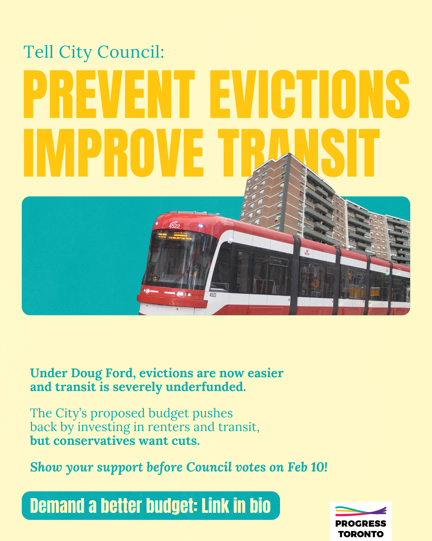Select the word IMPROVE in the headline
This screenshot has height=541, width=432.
click(114, 153)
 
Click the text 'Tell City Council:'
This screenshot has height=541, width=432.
click(94, 52)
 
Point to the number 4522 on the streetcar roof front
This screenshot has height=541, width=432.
click(174, 226)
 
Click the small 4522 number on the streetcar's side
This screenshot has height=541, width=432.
click(213, 295)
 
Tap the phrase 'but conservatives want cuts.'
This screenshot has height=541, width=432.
click(115, 441)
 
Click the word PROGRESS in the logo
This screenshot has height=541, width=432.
click(361, 524)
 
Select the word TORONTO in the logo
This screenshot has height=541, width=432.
click(361, 534)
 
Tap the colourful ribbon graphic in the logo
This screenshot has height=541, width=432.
click(361, 511)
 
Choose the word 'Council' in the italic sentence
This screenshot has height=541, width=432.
click(209, 467)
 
